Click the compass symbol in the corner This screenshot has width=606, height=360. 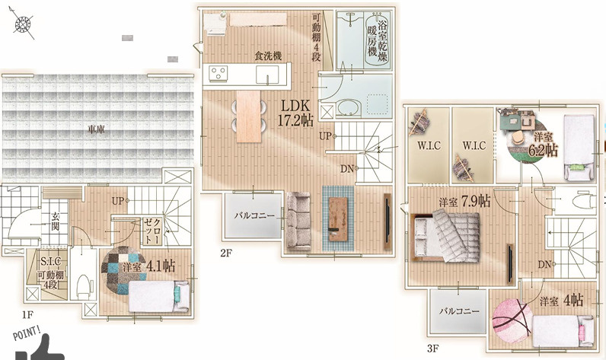[23, 24]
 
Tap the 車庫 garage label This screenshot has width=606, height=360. [96, 129]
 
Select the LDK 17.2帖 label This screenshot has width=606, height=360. [295, 113]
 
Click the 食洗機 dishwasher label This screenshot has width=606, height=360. [268, 56]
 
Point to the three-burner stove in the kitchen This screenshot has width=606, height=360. [218, 73]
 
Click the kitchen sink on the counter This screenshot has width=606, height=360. [267, 74]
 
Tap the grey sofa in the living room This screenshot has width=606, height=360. [298, 221]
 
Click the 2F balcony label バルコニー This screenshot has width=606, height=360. [254, 216]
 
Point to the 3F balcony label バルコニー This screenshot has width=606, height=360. [459, 311]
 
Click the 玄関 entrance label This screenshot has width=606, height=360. [56, 221]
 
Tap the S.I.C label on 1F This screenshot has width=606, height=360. [51, 262]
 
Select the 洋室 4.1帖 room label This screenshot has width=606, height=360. [148, 266]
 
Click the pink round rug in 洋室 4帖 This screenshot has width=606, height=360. [512, 321]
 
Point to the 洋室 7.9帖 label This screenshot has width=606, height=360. [464, 201]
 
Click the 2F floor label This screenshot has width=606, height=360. [225, 253]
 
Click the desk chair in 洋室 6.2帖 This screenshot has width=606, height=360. [516, 137]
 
